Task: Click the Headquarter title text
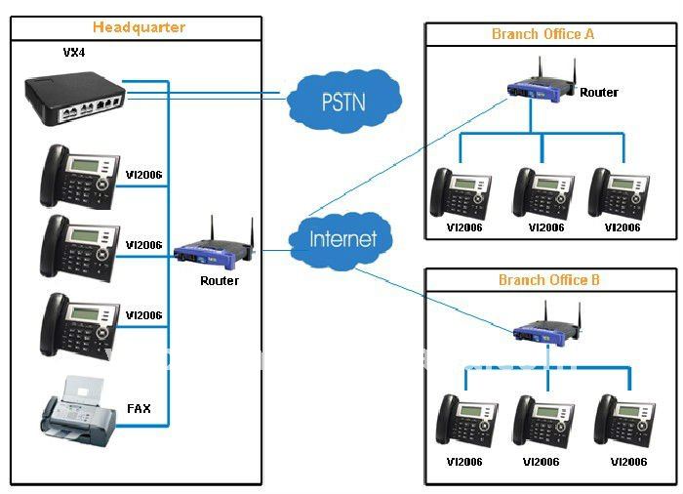click(x=139, y=27)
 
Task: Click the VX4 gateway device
click(x=75, y=96)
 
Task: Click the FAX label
click(x=140, y=409)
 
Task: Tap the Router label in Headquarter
click(x=220, y=281)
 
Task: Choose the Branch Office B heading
click(x=549, y=281)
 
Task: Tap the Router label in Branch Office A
click(x=599, y=93)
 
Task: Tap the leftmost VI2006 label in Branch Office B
click(x=463, y=462)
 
